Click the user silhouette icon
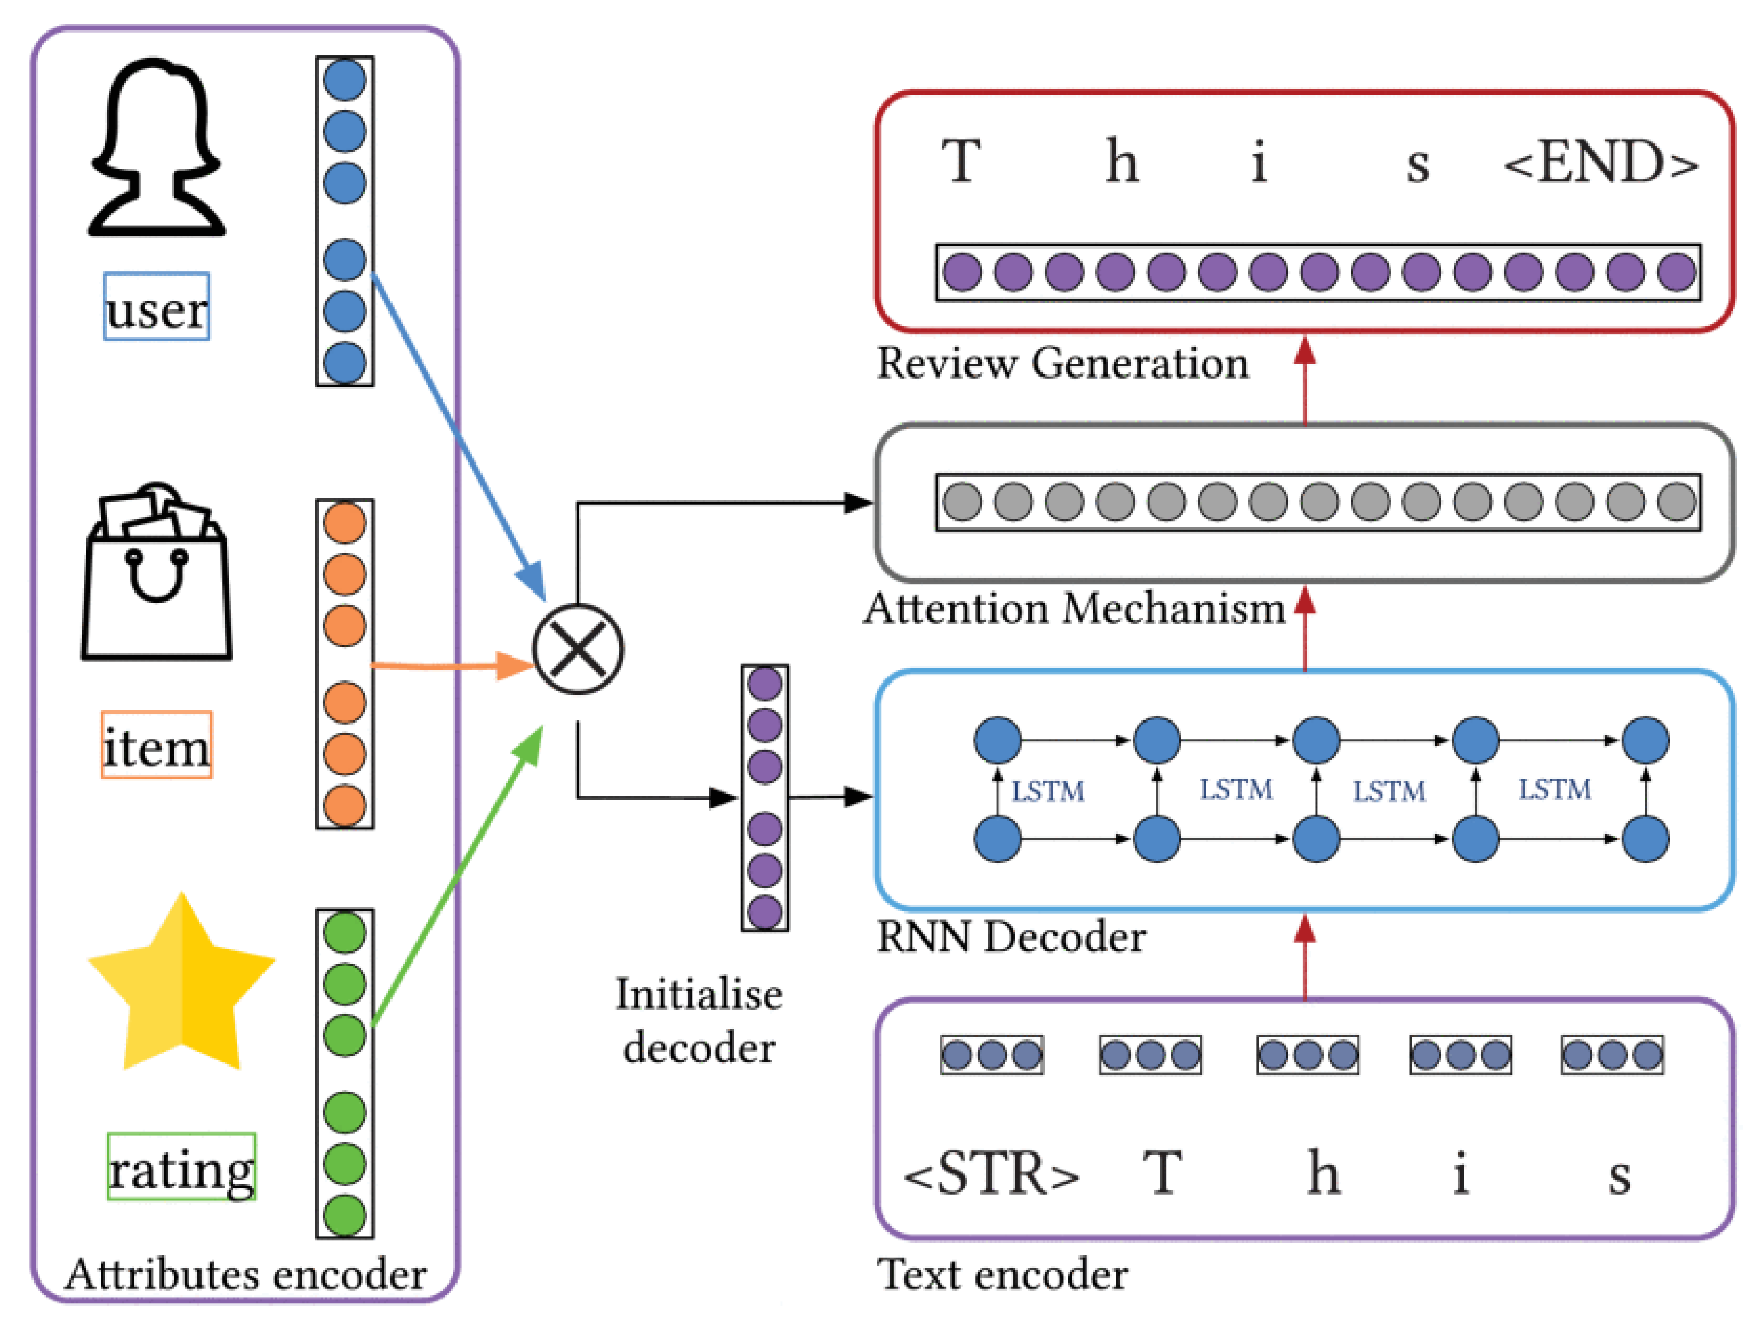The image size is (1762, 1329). point(156,147)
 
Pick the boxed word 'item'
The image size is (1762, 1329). point(156,746)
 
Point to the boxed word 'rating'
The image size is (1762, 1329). point(182,1168)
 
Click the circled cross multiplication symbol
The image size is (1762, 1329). point(578,650)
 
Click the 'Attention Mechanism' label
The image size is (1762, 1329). point(1075,610)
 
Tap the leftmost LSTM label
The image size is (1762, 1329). point(1047,792)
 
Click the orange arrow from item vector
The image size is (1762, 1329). point(446,665)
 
